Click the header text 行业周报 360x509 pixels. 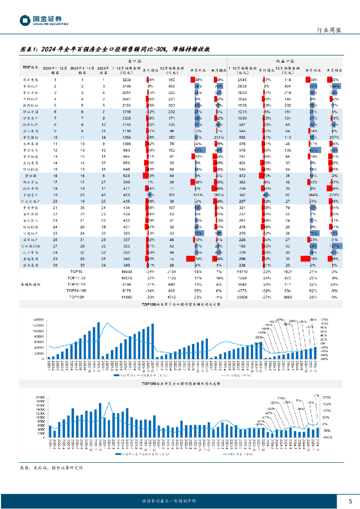coord(329,30)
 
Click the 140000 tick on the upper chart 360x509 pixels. coord(38,320)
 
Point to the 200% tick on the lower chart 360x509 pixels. coord(327,398)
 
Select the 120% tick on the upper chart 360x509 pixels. coord(324,320)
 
